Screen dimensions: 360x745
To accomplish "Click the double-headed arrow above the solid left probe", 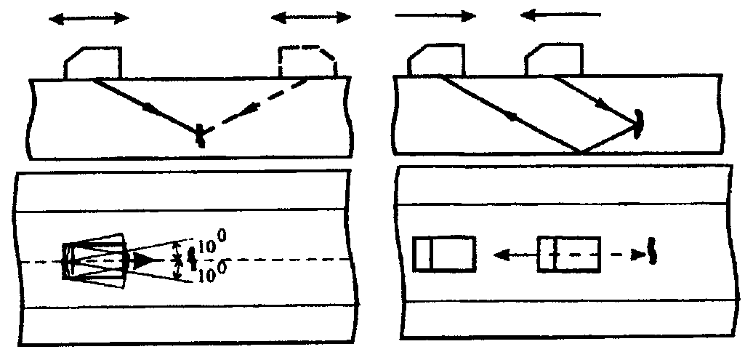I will (x=89, y=17).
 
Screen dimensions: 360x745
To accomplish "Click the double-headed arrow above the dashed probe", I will (x=311, y=17).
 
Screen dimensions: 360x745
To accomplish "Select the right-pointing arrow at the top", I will (x=435, y=15).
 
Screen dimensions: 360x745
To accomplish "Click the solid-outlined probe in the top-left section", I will (x=93, y=63).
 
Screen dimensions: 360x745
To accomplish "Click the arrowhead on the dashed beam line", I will (x=251, y=108).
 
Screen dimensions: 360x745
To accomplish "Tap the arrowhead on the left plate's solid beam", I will (x=150, y=108).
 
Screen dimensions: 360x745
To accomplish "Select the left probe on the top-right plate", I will (x=435, y=60).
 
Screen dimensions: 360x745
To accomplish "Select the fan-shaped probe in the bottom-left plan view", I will (x=94, y=260).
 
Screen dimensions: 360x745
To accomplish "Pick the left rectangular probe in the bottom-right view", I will (x=444, y=255).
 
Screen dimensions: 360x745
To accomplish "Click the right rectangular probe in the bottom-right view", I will (x=569, y=255).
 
